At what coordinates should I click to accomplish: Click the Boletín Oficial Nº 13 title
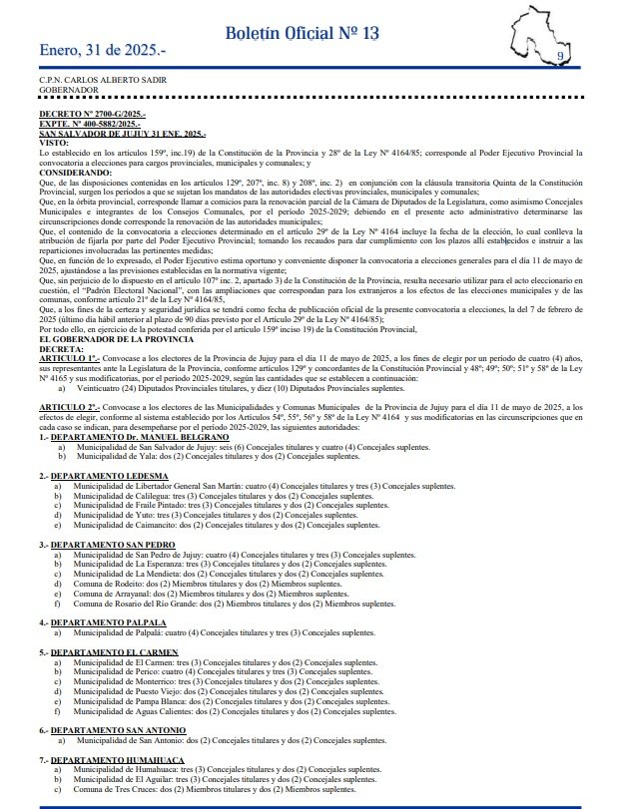(x=302, y=33)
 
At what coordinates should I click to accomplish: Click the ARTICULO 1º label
(x=70, y=357)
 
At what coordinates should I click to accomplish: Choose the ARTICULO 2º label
(x=70, y=408)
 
